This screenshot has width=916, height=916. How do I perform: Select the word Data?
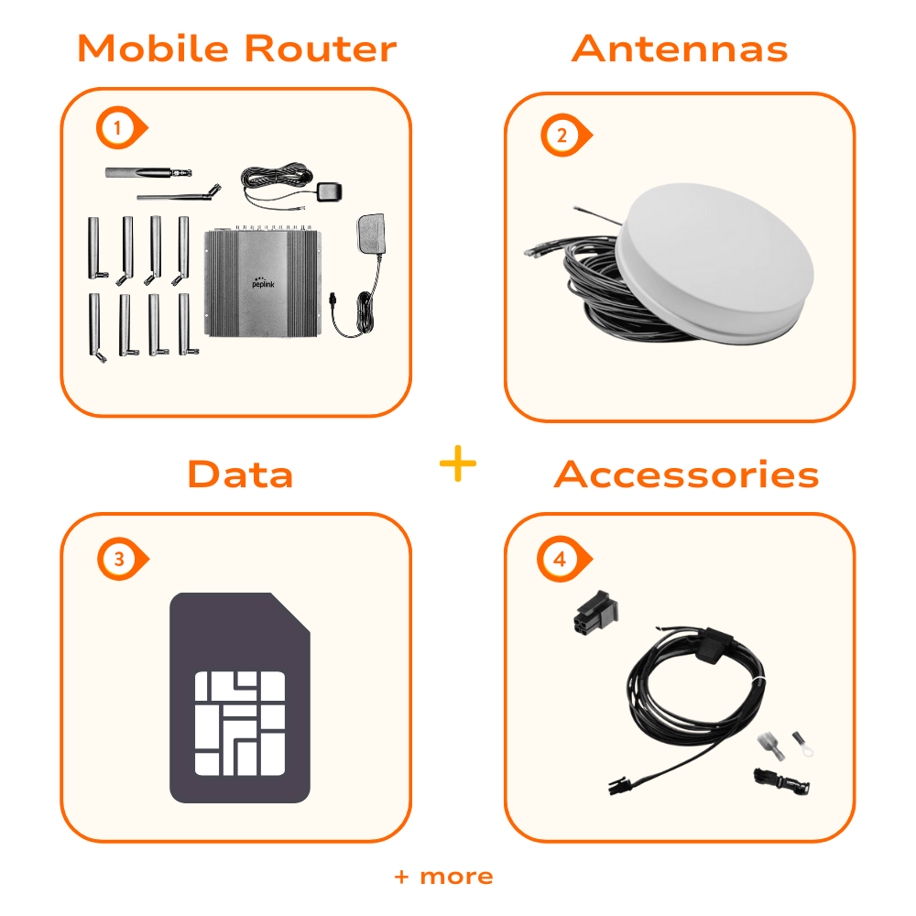pos(240,474)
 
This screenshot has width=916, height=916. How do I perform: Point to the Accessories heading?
pos(686,474)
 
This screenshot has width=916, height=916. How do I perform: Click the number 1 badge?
pos(121,128)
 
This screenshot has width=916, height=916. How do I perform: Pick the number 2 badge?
pos(565,136)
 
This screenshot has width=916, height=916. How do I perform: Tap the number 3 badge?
pos(122,559)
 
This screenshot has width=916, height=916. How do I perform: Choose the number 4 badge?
pos(563,559)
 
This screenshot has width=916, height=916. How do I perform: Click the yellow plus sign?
pos(458,463)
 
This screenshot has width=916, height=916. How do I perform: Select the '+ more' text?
pos(444,877)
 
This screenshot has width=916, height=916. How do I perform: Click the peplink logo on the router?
pos(263,283)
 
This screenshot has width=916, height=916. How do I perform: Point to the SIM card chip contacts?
pos(239,724)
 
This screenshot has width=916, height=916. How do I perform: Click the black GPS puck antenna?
pos(329,192)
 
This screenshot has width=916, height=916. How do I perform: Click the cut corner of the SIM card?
pos(290,612)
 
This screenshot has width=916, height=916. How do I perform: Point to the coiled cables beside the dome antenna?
pos(590,286)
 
